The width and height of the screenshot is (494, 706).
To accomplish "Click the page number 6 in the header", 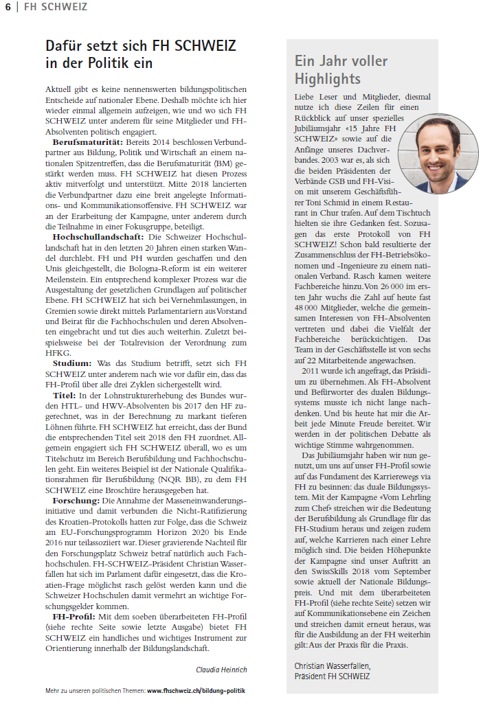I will pyautogui.click(x=8, y=7).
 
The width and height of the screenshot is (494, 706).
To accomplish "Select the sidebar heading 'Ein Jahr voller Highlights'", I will pyautogui.click(x=341, y=69).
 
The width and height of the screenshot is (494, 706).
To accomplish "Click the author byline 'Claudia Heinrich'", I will pyautogui.click(x=221, y=669).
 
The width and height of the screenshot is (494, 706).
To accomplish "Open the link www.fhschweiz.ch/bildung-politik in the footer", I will pyautogui.click(x=196, y=690).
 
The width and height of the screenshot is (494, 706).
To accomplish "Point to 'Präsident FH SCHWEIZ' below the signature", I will pyautogui.click(x=332, y=676).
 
